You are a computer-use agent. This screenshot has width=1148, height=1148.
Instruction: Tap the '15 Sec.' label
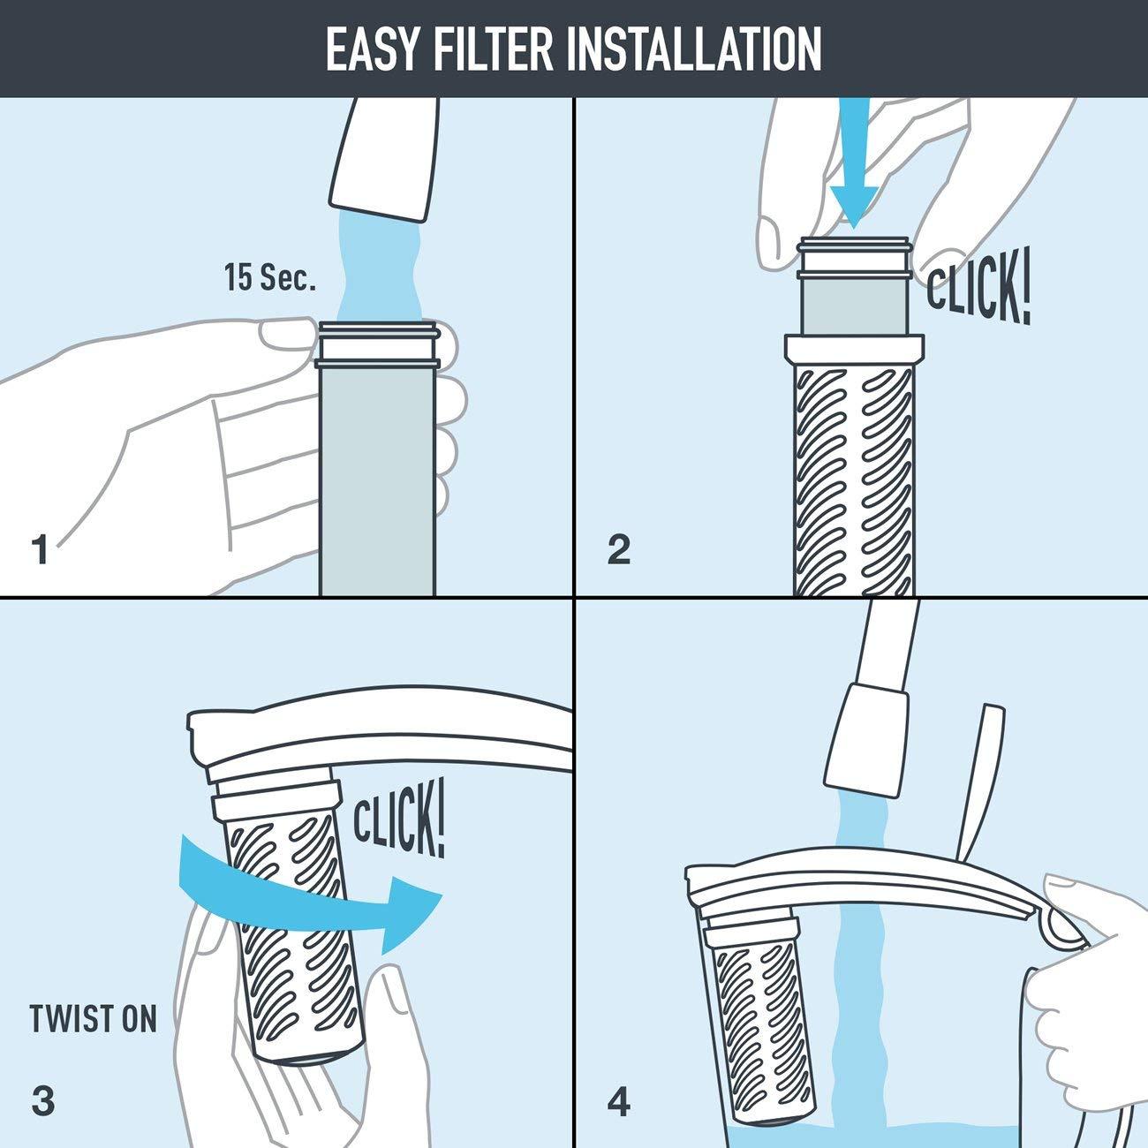(269, 279)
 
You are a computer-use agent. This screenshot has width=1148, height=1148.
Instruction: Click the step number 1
(40, 549)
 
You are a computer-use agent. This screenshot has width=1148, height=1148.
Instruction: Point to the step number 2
(619, 549)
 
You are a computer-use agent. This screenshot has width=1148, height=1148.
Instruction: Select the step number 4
(619, 1102)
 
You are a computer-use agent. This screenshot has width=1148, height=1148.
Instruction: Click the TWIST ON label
(93, 1019)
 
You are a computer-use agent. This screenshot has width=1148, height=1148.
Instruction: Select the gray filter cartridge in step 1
(377, 477)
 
